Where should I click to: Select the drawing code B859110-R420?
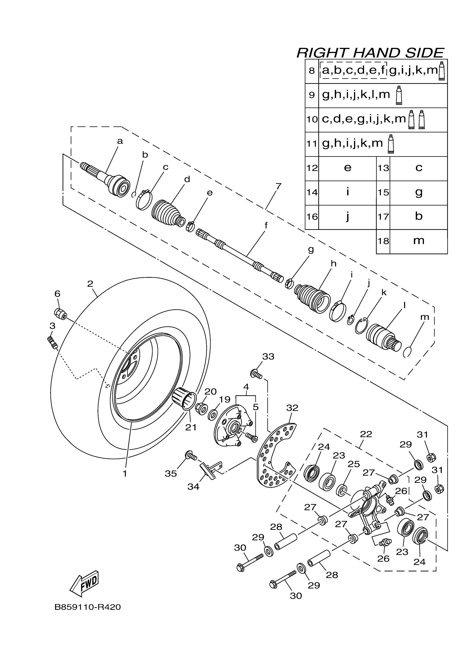point(87,607)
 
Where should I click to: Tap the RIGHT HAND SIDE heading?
point(370,53)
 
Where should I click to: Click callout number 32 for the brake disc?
point(292,408)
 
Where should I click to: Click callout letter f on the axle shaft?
point(266,225)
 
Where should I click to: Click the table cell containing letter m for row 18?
point(419,241)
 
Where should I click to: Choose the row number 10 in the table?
point(312,119)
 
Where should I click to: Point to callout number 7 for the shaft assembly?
point(278,186)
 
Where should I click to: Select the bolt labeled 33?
point(256,374)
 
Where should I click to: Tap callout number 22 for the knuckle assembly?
point(366,434)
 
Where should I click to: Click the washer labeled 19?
point(212,415)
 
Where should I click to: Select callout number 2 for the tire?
point(90,283)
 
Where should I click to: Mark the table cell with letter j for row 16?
point(347,217)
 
